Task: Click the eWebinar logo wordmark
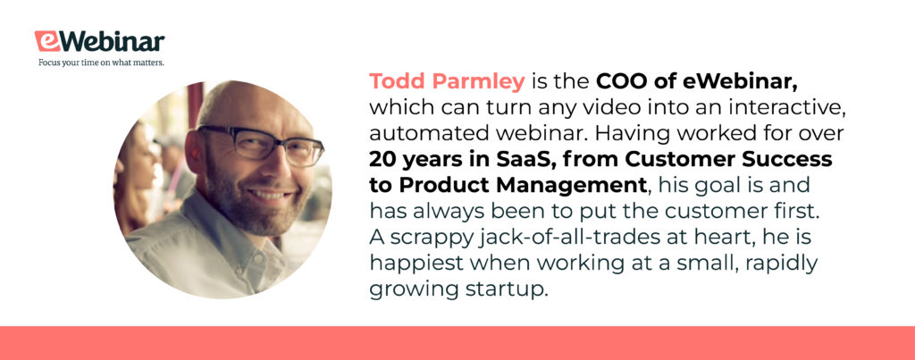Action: pyautogui.click(x=100, y=42)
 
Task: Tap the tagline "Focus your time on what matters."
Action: pyautogui.click(x=101, y=63)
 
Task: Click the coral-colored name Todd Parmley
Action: pyautogui.click(x=447, y=82)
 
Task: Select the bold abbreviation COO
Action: pyautogui.click(x=620, y=81)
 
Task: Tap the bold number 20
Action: pyautogui.click(x=382, y=159)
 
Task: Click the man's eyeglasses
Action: pyautogui.click(x=260, y=142)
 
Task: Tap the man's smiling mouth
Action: pyautogui.click(x=271, y=195)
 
